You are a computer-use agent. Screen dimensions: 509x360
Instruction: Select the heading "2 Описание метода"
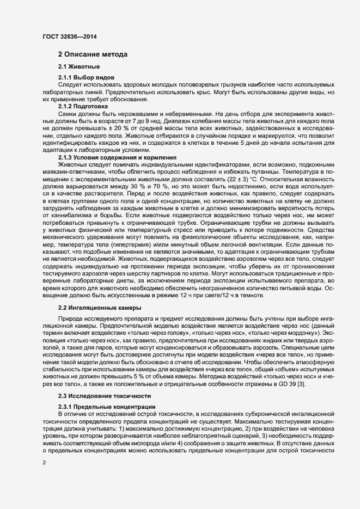[93, 54]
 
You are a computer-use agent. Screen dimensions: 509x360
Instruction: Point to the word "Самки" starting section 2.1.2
[68, 114]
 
